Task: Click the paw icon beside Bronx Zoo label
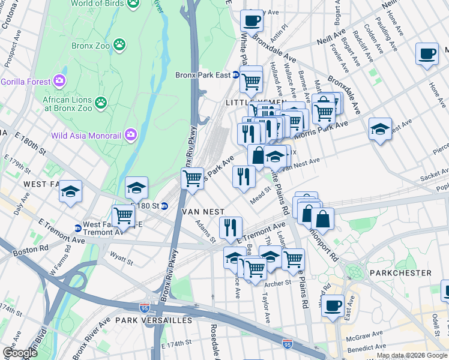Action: coord(121,44)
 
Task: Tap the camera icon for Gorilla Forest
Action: coord(59,80)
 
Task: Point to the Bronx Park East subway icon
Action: coord(237,76)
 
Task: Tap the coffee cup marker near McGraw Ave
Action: coord(333,305)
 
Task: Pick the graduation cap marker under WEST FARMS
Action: coord(71,192)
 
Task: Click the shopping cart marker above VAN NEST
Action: coord(192,179)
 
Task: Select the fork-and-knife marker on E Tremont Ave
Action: coord(230,228)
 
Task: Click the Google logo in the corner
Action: coord(20,353)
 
